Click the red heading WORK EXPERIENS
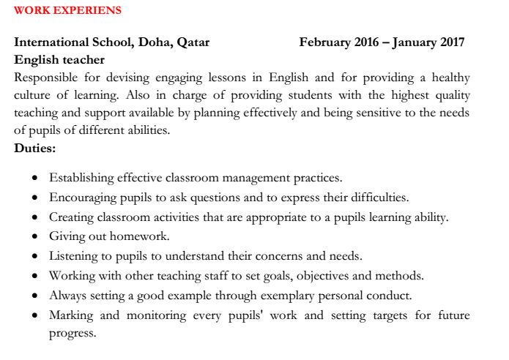(x=68, y=11)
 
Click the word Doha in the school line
(x=150, y=42)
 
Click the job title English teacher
(x=59, y=60)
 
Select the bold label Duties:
(x=35, y=148)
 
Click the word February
(x=324, y=42)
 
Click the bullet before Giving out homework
(x=36, y=237)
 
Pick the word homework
(x=141, y=236)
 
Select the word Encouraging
(x=84, y=197)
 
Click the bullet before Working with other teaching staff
(x=36, y=277)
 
